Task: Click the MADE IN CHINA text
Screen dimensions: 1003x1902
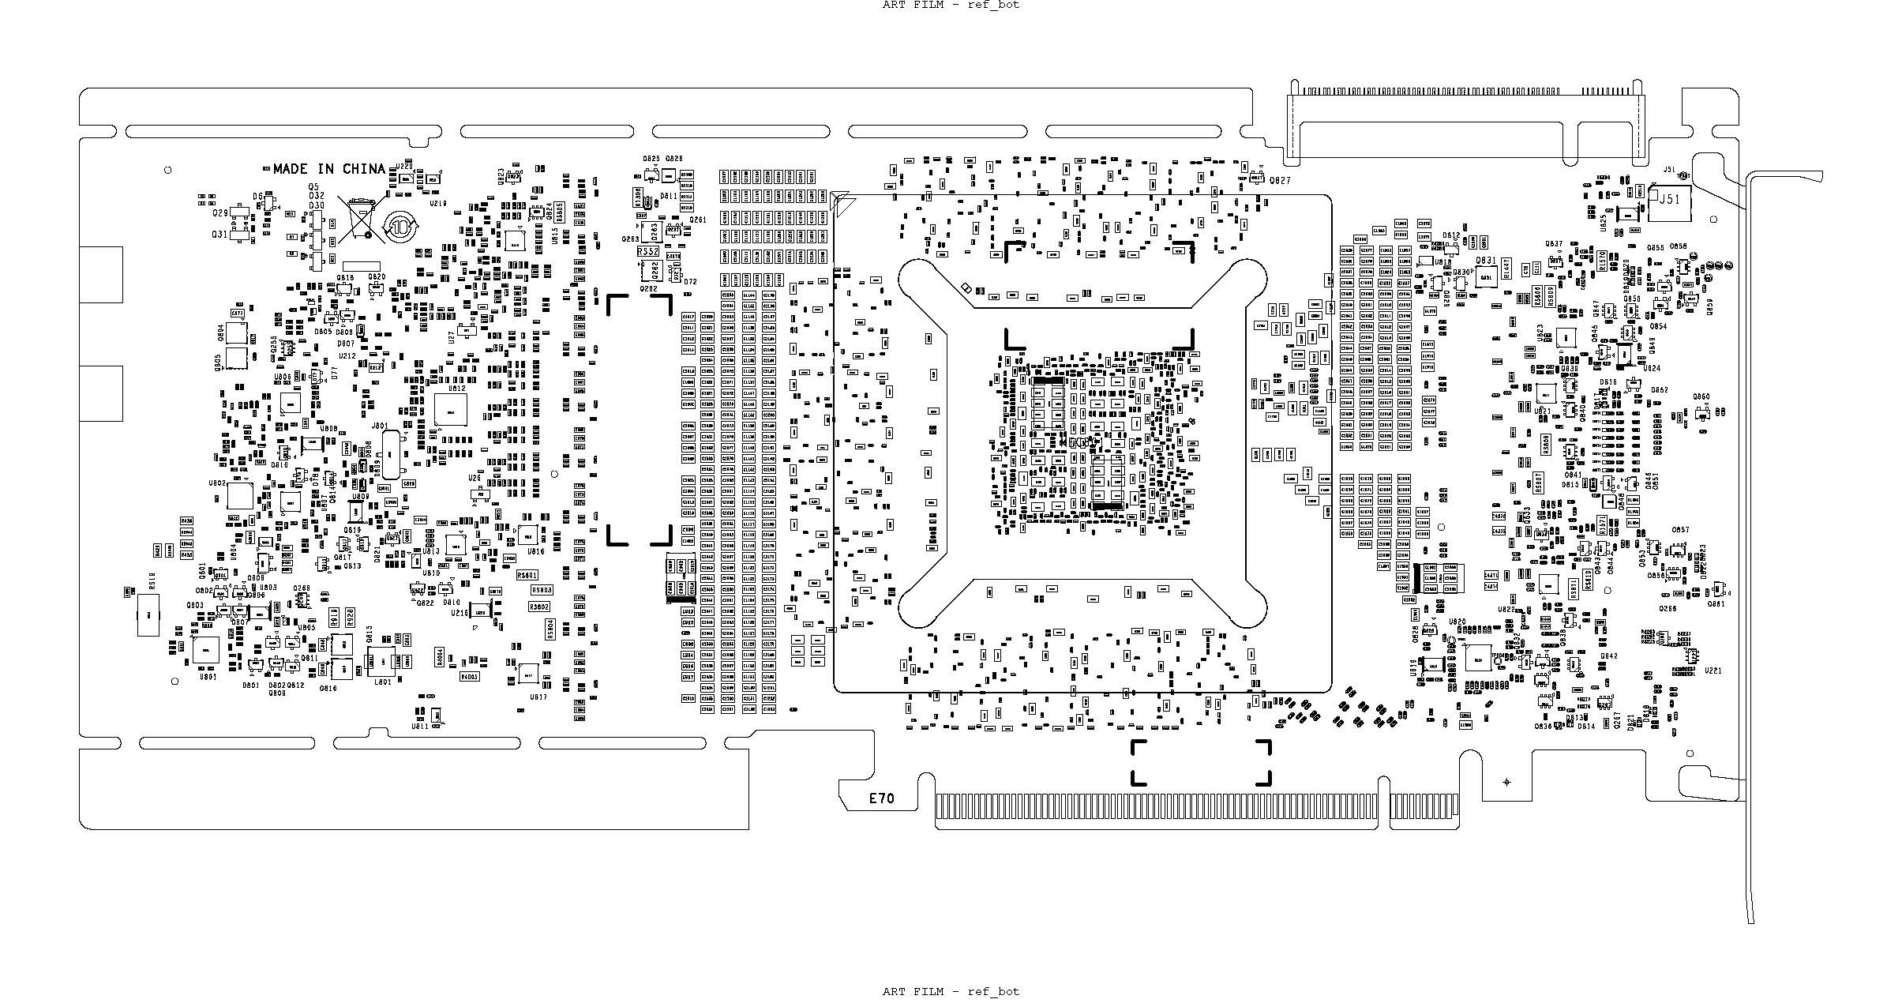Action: pos(328,169)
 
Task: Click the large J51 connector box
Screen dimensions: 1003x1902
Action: pos(1668,203)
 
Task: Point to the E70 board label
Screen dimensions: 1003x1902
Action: pos(882,798)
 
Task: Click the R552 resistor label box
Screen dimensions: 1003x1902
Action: pos(648,251)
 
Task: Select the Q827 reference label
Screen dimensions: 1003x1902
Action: pos(1280,181)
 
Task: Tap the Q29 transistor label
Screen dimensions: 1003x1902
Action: pos(219,213)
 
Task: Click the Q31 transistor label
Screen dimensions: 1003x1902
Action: pos(219,235)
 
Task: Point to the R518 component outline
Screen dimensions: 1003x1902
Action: pos(149,614)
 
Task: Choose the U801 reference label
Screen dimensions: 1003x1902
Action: pos(208,677)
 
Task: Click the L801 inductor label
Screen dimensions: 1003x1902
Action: pos(383,682)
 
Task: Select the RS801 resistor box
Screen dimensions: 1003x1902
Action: pos(527,575)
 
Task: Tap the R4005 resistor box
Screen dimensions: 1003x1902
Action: pos(470,677)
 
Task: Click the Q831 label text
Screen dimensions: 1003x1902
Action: pos(1485,260)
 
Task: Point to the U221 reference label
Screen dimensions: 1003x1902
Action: pos(1713,671)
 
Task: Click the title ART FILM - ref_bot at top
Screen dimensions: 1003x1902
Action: pos(951,5)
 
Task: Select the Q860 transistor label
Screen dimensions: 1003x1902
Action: pos(1701,397)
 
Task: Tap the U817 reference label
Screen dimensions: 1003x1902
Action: pos(538,697)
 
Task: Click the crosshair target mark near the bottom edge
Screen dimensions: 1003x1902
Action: pos(1506,782)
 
